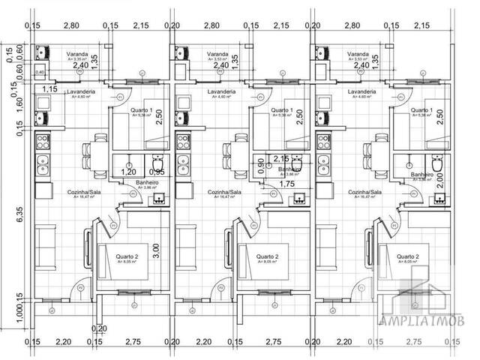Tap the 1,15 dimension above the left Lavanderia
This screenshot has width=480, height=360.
pos(50,89)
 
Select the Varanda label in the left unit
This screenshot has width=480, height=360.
pos(77,55)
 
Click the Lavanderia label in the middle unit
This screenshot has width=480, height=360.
pos(220,91)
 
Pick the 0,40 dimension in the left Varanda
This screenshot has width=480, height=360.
pos(39,72)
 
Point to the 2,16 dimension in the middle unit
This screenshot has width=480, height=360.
pos(280,159)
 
